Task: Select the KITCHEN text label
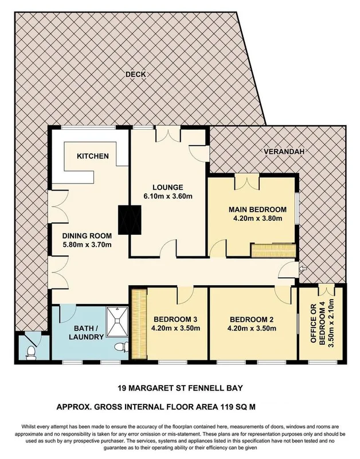(92, 156)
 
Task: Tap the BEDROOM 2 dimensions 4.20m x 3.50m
(253, 329)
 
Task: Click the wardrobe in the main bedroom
(273, 250)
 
